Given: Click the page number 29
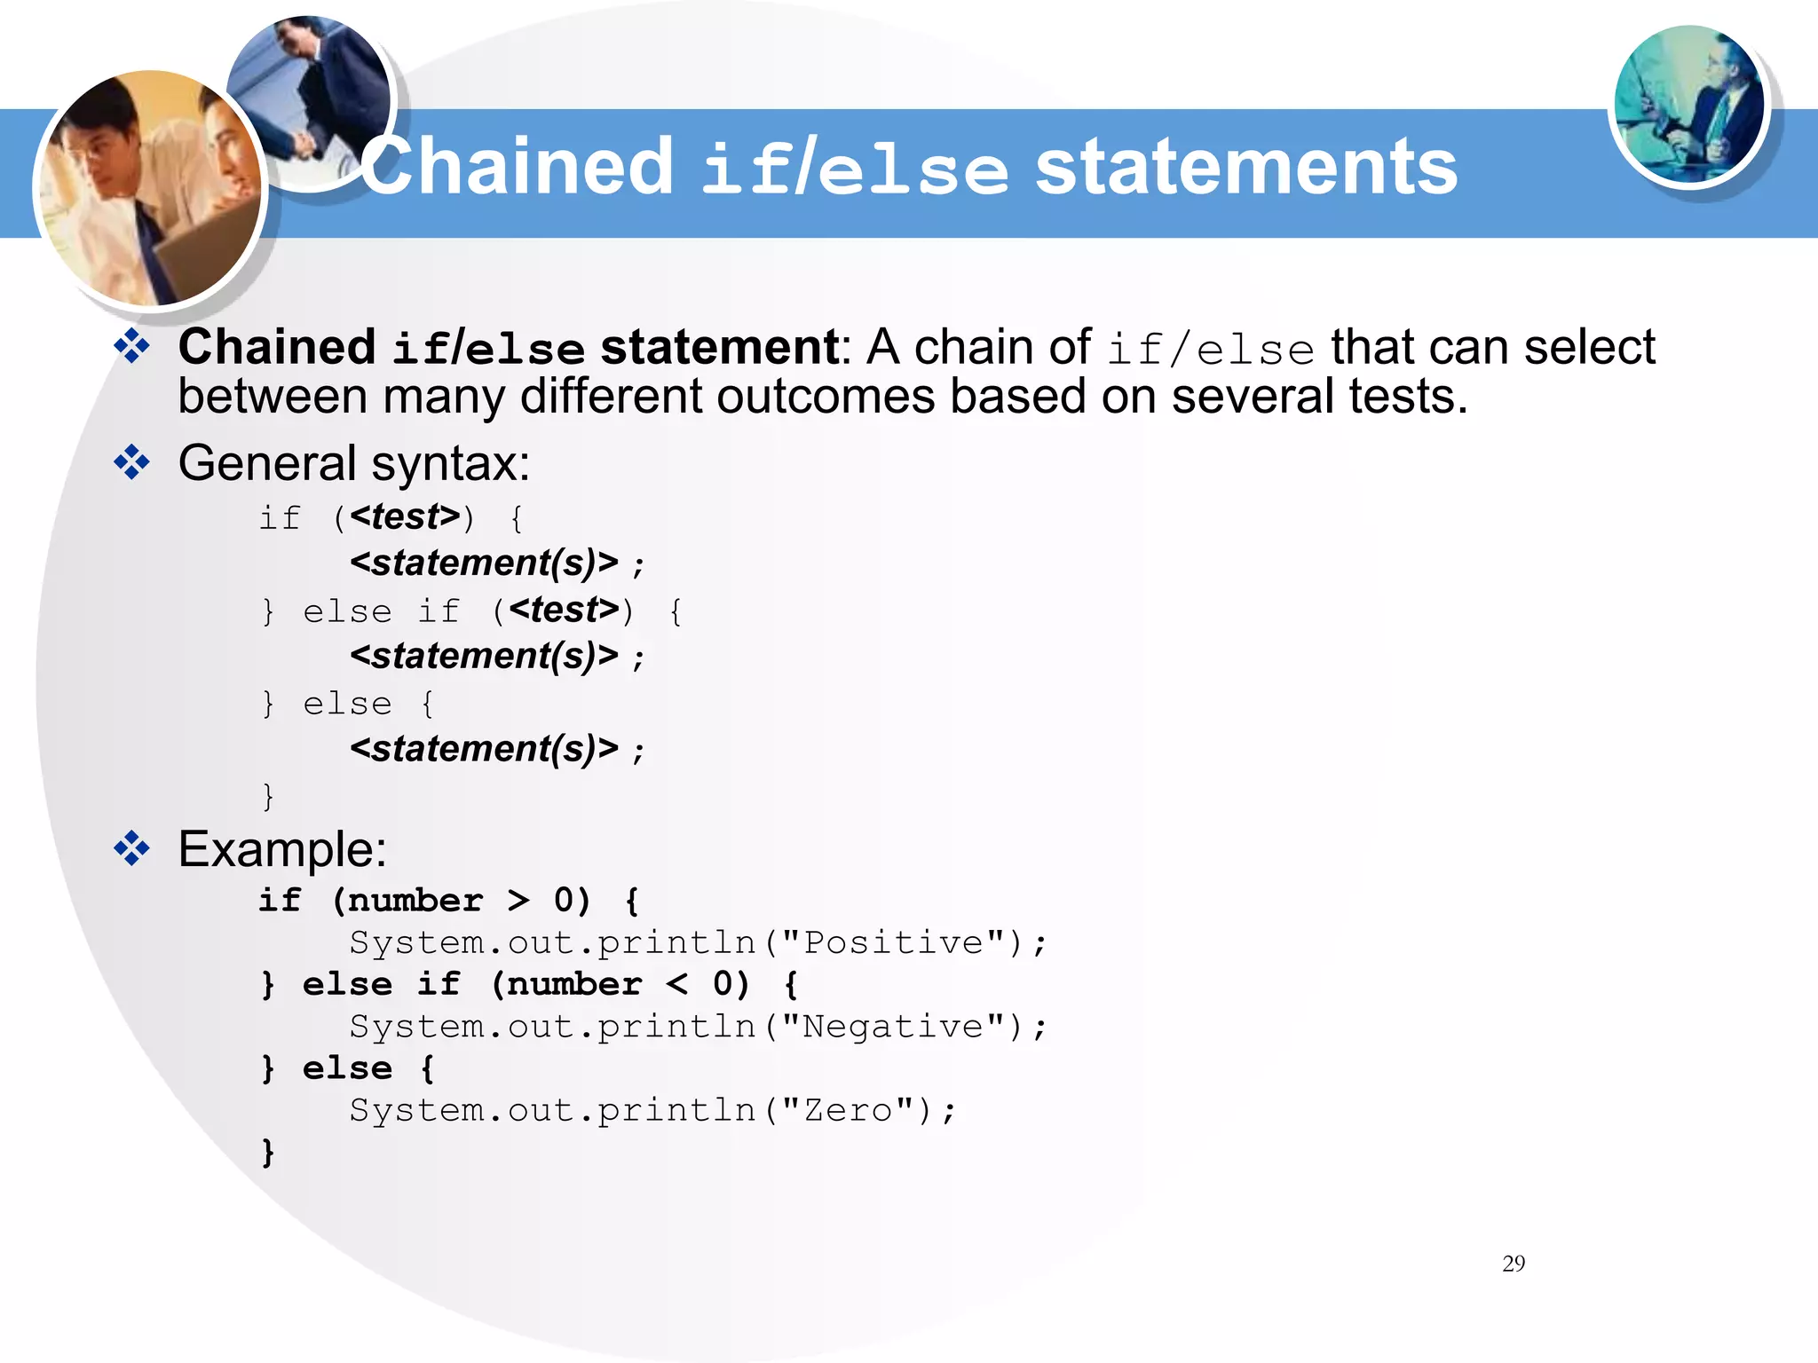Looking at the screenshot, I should (1514, 1264).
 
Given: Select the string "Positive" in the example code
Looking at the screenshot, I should (893, 942).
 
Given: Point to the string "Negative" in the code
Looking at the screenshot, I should (893, 1027).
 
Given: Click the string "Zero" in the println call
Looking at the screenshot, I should (848, 1110).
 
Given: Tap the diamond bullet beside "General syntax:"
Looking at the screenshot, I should (131, 462).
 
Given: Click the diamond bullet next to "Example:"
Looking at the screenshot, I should (131, 848).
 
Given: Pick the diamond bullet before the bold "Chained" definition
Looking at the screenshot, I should (131, 346).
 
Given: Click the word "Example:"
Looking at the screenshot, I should (282, 849).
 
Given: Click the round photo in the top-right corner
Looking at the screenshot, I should (1688, 105).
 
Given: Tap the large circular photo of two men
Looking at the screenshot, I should (149, 188).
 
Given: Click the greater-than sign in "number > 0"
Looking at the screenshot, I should (518, 901).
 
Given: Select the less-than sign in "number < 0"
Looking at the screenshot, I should (677, 984).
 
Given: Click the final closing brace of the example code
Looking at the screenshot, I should (268, 1152).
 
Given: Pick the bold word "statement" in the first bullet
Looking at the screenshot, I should (719, 347).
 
